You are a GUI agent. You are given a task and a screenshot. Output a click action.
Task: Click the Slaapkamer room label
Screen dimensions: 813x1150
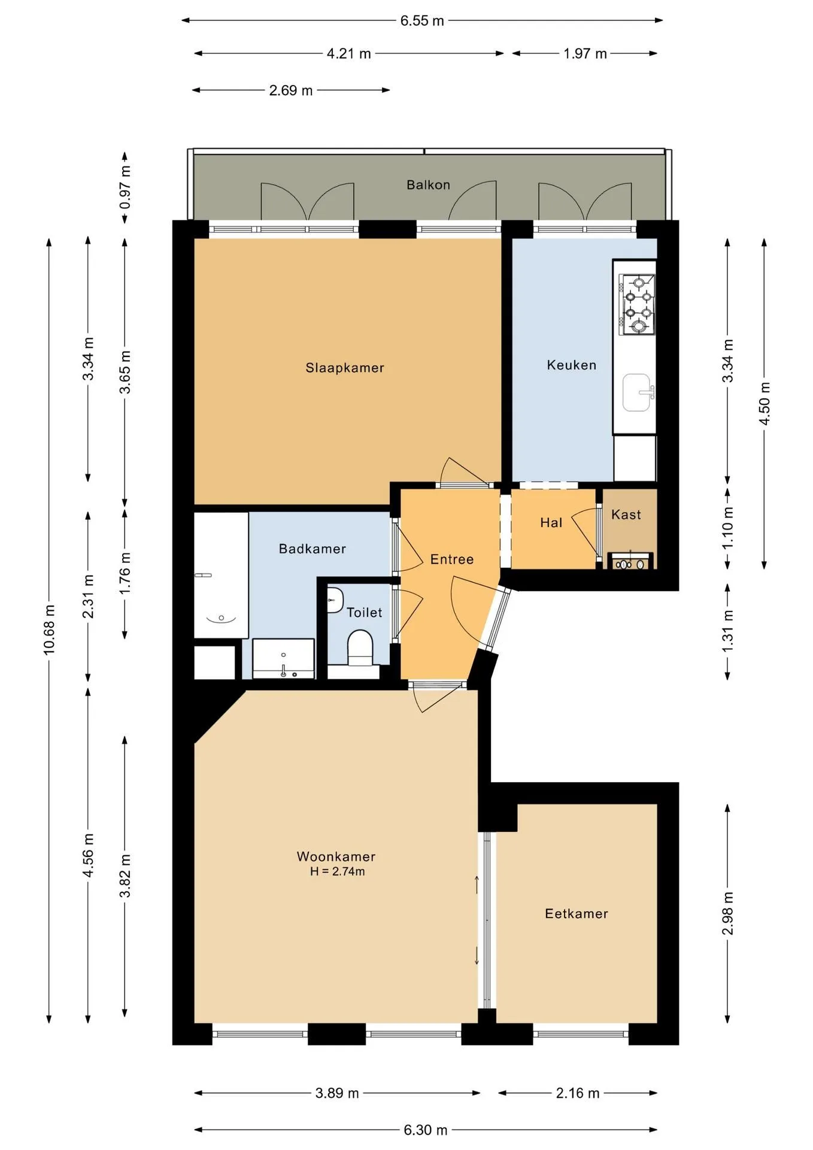pyautogui.click(x=345, y=368)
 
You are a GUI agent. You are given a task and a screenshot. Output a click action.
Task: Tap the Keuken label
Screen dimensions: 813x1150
pyautogui.click(x=572, y=365)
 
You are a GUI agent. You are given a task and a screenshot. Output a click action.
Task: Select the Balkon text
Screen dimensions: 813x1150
pyautogui.click(x=428, y=184)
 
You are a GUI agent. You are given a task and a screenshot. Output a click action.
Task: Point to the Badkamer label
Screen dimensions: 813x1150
pyautogui.click(x=313, y=549)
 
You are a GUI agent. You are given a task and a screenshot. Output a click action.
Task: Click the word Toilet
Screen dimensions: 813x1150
pyautogui.click(x=365, y=612)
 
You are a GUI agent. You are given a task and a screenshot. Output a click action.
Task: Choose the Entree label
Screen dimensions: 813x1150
pyautogui.click(x=452, y=559)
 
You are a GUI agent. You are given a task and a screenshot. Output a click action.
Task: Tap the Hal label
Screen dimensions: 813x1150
pyautogui.click(x=551, y=522)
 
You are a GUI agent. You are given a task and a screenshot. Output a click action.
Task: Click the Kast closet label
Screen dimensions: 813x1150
pyautogui.click(x=626, y=515)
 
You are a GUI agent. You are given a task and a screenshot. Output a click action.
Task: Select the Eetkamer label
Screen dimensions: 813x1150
pyautogui.click(x=577, y=913)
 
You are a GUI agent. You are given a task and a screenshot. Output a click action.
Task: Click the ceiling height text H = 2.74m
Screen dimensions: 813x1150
pyautogui.click(x=338, y=871)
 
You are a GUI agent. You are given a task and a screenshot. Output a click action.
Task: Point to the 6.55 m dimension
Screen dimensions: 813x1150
pyautogui.click(x=422, y=20)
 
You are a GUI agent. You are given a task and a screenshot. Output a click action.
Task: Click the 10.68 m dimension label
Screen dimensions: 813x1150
pyautogui.click(x=49, y=629)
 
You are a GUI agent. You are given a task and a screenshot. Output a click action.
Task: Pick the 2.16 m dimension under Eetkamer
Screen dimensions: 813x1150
pyautogui.click(x=578, y=1093)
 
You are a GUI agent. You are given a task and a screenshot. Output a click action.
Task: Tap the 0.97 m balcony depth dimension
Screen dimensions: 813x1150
pyautogui.click(x=125, y=187)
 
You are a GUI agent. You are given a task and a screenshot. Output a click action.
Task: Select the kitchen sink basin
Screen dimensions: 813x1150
pyautogui.click(x=636, y=393)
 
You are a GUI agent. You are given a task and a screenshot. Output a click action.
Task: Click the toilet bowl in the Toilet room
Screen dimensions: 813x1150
pyautogui.click(x=360, y=647)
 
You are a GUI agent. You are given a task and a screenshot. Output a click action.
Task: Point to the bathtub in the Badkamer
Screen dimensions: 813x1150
pyautogui.click(x=221, y=575)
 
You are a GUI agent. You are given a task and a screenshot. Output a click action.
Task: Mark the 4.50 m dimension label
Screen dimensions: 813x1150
pyautogui.click(x=765, y=403)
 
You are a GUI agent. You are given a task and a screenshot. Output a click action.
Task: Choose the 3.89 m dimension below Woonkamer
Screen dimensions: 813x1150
pyautogui.click(x=337, y=1093)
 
